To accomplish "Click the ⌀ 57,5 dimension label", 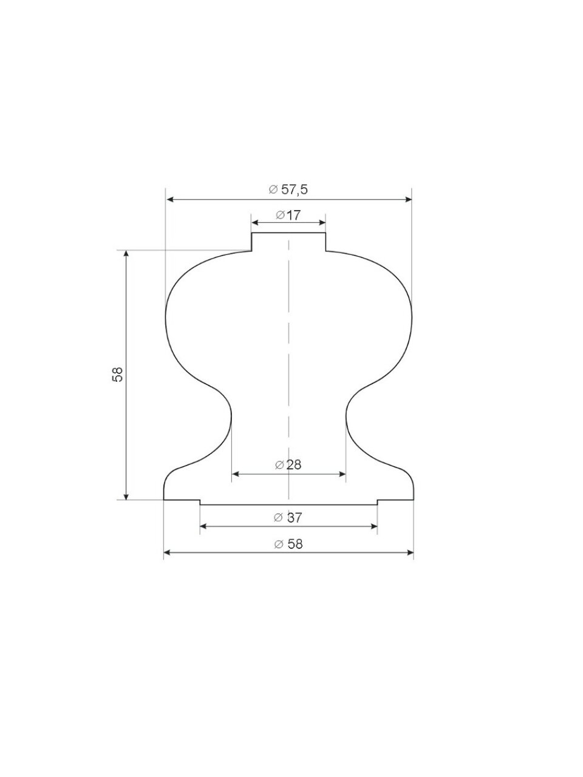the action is (x=288, y=189).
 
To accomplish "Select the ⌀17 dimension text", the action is (x=288, y=215).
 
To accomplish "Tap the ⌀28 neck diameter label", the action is (x=288, y=464).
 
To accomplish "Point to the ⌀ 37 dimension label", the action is (x=288, y=518).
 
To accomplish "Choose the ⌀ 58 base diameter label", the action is (x=288, y=544).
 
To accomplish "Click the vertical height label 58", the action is (x=117, y=374).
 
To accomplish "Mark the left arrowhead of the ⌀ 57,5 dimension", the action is (x=170, y=200).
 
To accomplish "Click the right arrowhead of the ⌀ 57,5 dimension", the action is (x=408, y=200).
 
